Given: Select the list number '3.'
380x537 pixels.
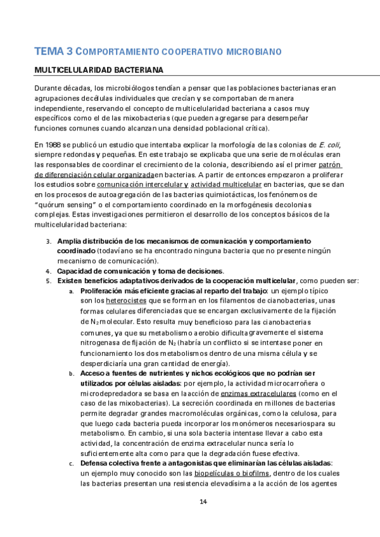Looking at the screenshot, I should tap(49, 241).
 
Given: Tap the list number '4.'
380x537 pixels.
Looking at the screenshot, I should tap(49, 270).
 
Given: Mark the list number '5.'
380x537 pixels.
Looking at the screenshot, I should tap(49, 280).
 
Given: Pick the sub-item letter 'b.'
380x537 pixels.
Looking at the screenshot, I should tap(72, 374).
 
